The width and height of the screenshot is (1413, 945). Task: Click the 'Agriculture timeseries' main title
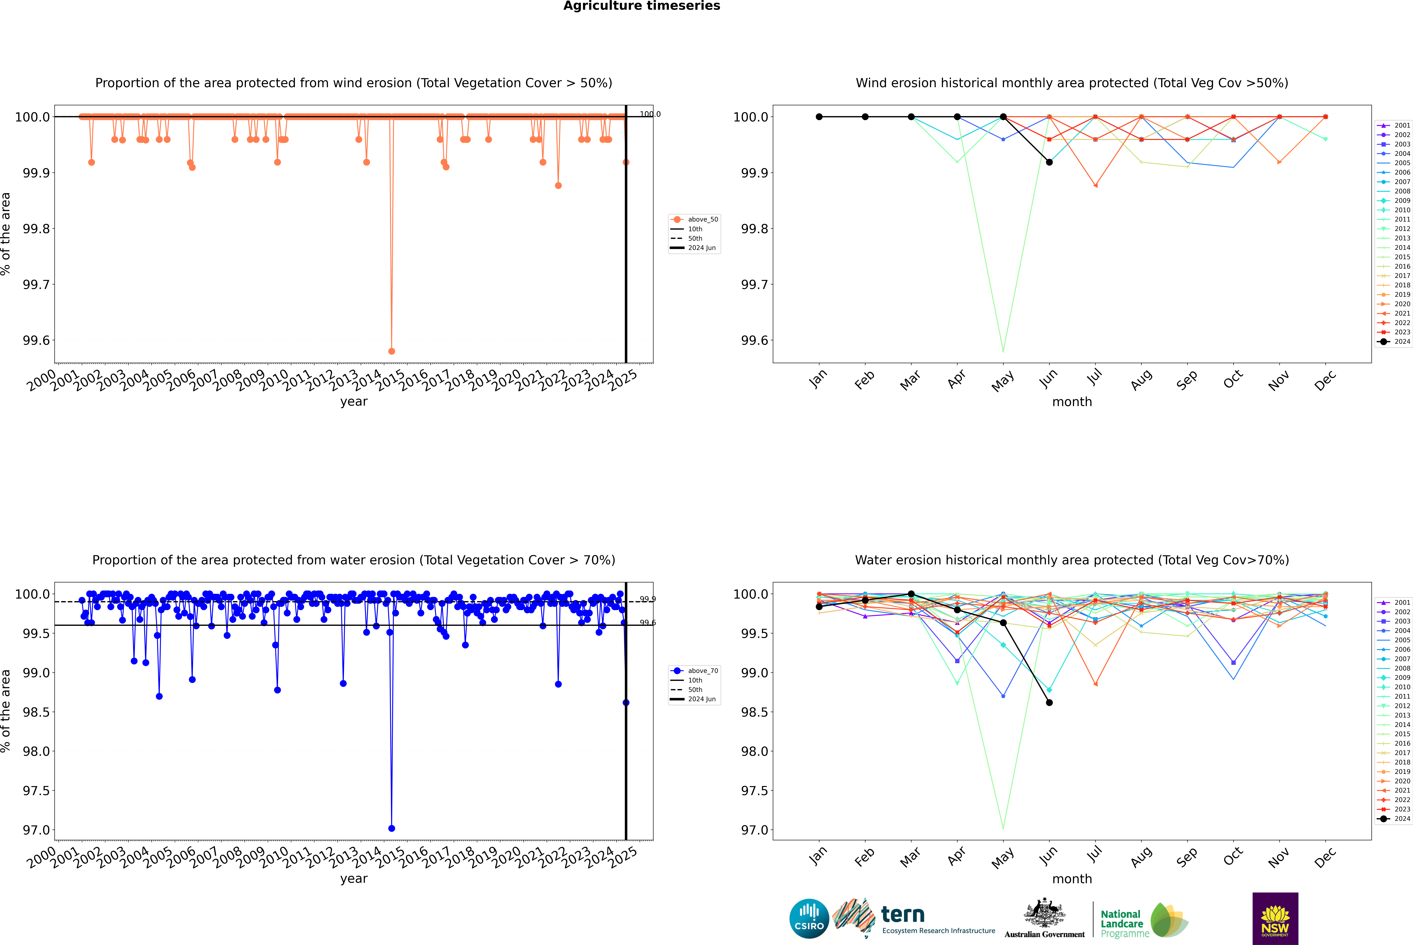click(641, 6)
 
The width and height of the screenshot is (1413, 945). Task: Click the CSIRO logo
click(809, 919)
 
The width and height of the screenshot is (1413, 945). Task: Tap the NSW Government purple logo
click(1275, 919)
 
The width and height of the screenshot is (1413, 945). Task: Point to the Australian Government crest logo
click(1044, 919)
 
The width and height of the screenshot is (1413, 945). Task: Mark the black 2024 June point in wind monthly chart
click(1049, 162)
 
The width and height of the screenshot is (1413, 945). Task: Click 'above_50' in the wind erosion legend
click(702, 219)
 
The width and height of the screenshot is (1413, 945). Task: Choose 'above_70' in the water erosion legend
click(702, 671)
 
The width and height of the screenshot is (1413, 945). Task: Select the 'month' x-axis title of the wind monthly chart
click(1071, 402)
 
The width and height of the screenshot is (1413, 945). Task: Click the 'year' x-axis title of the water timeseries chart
click(354, 879)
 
